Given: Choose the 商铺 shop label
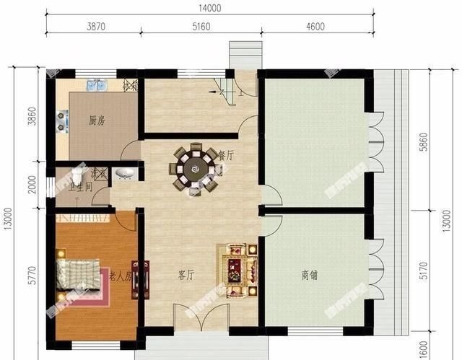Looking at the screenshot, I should click(x=311, y=275).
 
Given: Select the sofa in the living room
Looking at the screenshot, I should click(x=236, y=268).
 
